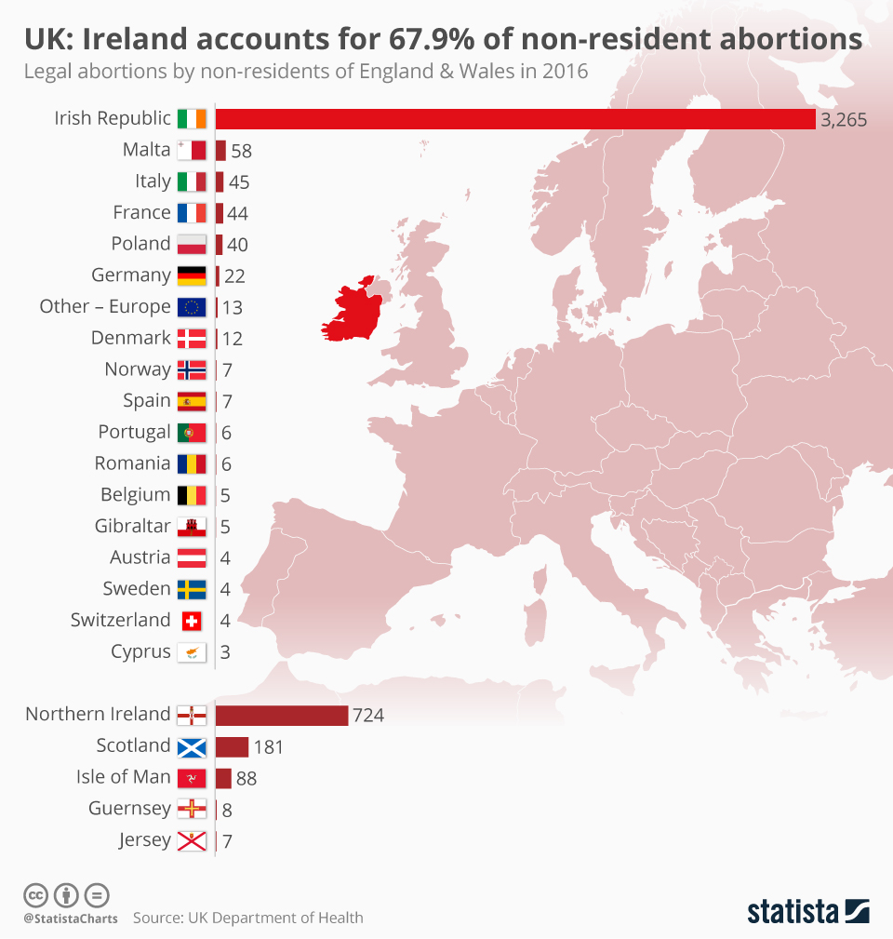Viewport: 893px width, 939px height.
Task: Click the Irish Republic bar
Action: point(515,119)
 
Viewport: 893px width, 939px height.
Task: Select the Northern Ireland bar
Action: point(282,715)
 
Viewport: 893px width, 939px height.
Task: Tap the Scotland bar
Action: point(232,746)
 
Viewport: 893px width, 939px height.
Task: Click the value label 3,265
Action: point(844,119)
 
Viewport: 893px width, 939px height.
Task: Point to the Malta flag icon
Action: point(192,151)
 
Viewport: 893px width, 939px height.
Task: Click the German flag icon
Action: point(192,275)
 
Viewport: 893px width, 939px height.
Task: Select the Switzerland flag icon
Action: point(192,621)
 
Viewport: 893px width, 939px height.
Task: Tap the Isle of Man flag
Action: point(192,778)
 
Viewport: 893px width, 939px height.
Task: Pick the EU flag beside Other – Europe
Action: point(192,307)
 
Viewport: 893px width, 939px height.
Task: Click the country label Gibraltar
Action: point(132,526)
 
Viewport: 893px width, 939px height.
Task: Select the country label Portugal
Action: point(134,432)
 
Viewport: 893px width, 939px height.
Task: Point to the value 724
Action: point(367,716)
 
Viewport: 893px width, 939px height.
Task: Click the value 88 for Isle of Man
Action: point(246,778)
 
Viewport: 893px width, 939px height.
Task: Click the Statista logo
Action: point(807,910)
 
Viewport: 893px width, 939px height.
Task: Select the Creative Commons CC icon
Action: point(35,895)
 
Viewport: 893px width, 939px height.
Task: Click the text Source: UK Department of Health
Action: point(247,918)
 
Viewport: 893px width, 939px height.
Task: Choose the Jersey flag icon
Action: point(192,841)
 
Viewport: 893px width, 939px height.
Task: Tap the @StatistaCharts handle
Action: point(71,919)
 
